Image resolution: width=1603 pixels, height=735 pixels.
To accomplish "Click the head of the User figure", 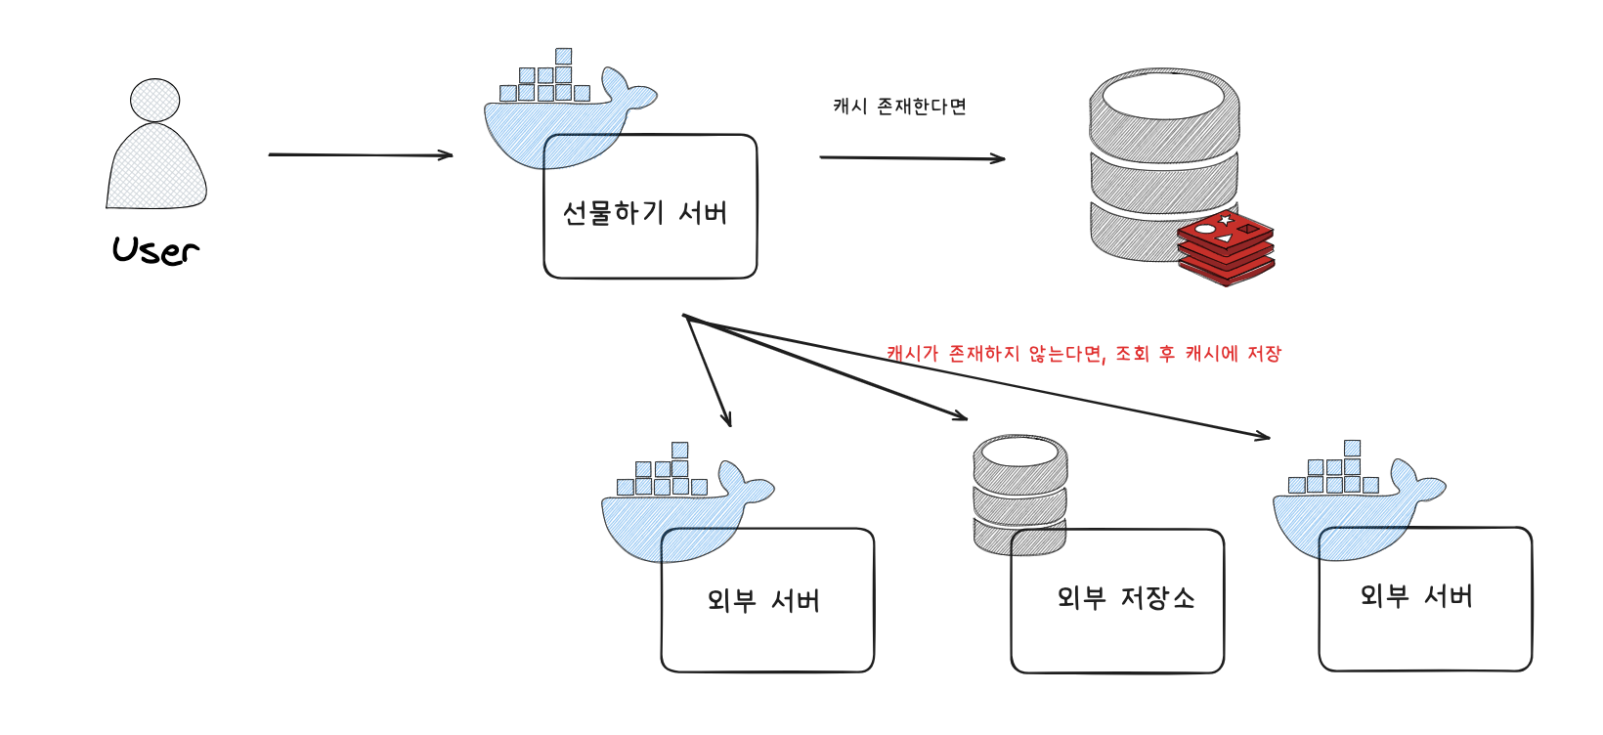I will pos(155,100).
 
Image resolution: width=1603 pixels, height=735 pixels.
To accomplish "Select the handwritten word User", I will pos(155,250).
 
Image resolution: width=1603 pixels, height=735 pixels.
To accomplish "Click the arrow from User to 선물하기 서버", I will pos(360,154).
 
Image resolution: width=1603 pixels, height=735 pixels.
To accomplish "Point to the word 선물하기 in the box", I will pos(613,212).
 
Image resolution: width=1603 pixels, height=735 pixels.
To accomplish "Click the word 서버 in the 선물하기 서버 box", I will pos(703,212).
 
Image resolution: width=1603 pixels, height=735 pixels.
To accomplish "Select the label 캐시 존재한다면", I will pos(899,106).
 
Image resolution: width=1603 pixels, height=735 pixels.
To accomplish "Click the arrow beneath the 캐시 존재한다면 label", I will pos(911,157).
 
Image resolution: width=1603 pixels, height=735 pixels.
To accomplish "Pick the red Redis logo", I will pos(1226,246).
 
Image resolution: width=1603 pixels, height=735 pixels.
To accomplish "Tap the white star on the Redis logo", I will pos(1226,220).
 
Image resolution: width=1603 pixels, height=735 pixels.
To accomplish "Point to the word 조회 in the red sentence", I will pos(1133,353).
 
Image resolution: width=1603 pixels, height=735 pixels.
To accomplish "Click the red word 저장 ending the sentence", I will pos(1264,353).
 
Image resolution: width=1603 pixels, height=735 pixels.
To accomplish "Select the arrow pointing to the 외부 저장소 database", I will pos(831,369).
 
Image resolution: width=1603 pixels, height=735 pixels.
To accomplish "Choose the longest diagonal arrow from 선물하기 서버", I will pos(977,377).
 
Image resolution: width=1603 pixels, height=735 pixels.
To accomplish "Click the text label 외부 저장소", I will pos(1125,597).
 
